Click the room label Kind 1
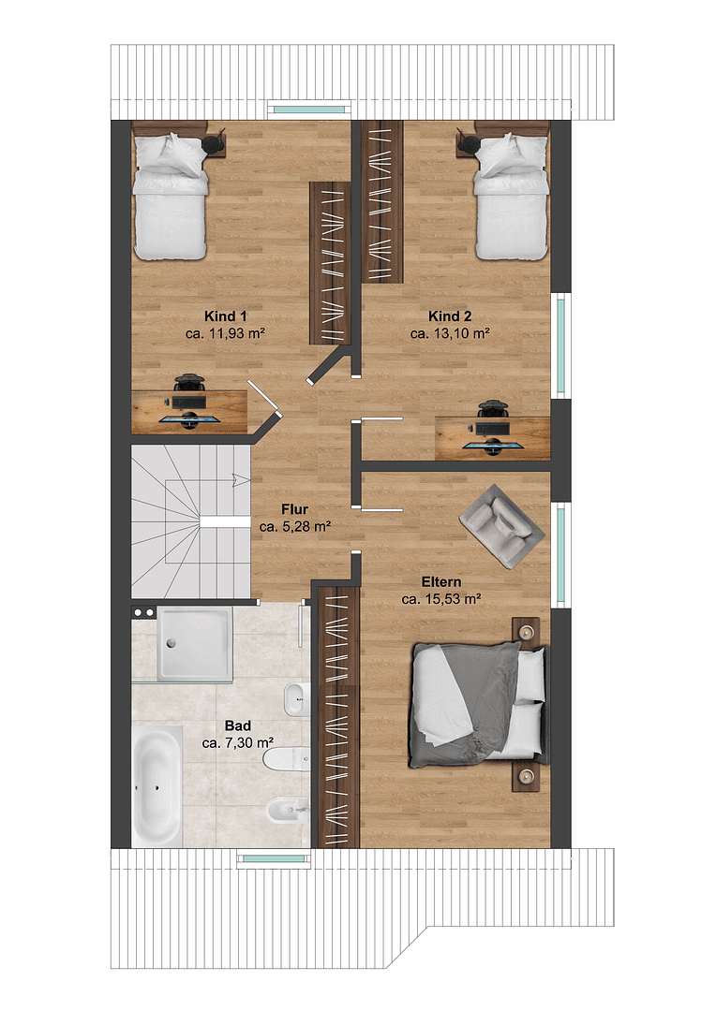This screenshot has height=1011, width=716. coord(225,315)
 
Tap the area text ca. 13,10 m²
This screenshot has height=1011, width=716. coord(450,332)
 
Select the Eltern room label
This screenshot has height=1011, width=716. coord(441,581)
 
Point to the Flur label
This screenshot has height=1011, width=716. coord(295,509)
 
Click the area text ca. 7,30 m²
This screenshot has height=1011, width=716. coord(237,742)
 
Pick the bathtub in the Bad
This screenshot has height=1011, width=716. coord(157,786)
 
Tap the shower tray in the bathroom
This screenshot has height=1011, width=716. coord(194,643)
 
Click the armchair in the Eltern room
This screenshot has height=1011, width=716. coord(501,525)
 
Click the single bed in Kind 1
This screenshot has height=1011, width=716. coord(169,198)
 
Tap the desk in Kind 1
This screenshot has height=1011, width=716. coord(188,410)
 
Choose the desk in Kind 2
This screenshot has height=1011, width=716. coord(492,436)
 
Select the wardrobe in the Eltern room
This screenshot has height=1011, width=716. coord(335,716)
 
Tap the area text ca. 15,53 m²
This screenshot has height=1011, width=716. coord(441,599)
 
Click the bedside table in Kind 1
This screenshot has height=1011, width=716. coord(215,143)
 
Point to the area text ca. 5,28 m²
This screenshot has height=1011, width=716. coord(295,527)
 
